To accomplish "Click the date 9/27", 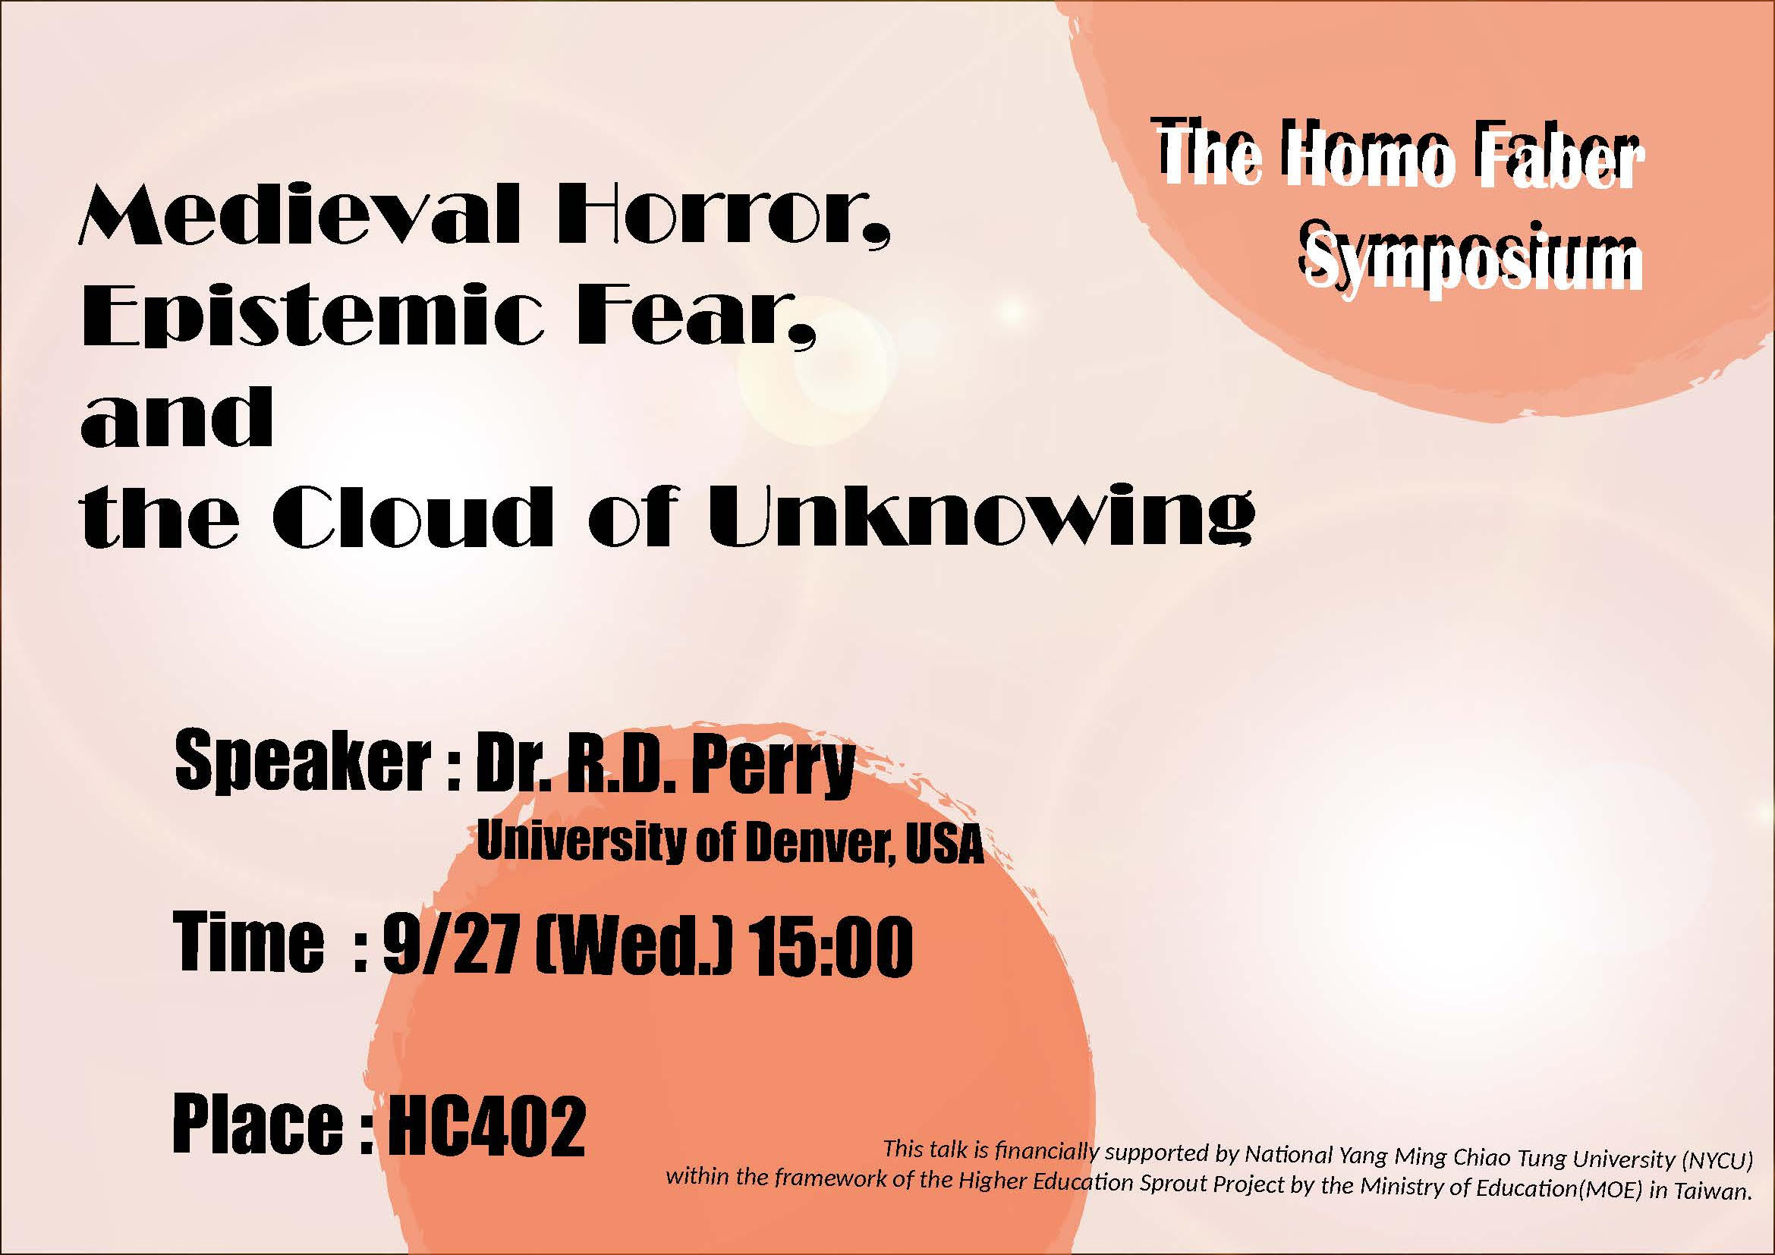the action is click(x=449, y=947).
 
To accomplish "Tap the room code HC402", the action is click(x=486, y=1126).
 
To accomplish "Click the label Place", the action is click(x=258, y=1125).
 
